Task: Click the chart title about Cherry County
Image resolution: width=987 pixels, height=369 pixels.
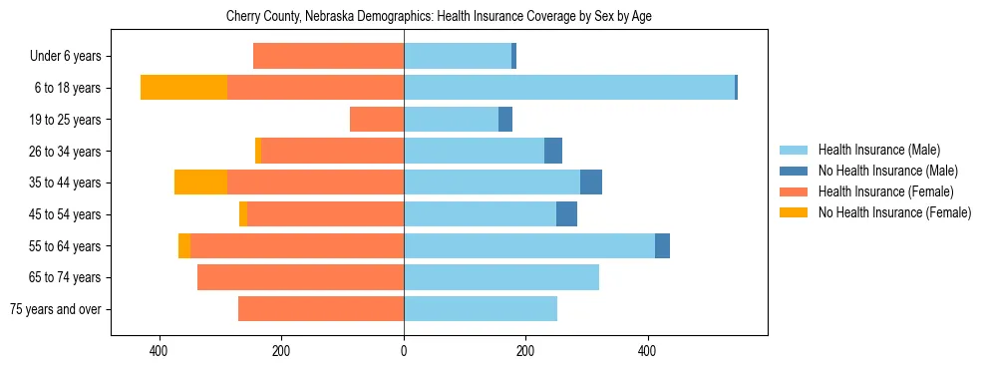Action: (x=439, y=17)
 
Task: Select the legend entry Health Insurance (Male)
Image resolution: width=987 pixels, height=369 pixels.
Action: (x=877, y=151)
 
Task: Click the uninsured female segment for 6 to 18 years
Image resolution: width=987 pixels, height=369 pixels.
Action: (x=183, y=88)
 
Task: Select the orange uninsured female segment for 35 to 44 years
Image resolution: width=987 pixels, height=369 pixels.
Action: (x=200, y=183)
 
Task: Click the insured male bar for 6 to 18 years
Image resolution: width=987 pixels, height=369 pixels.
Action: (x=568, y=88)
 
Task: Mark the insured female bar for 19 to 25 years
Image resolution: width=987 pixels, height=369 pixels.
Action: (x=377, y=120)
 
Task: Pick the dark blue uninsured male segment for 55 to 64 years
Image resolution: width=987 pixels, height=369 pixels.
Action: (x=662, y=246)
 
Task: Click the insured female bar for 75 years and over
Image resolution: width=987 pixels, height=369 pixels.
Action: (x=321, y=309)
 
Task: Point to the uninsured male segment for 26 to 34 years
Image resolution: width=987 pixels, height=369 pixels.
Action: (x=553, y=151)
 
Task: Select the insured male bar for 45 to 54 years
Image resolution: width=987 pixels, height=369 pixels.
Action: (x=480, y=214)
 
